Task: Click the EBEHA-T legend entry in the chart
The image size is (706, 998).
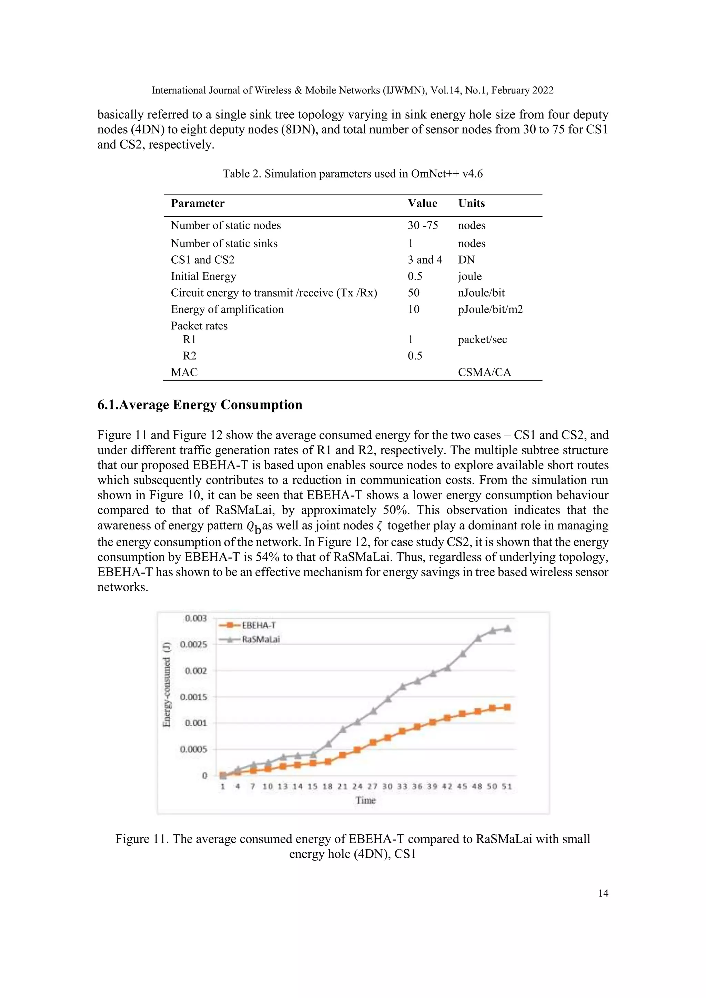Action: pos(258,625)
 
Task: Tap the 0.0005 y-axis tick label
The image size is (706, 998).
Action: pos(194,750)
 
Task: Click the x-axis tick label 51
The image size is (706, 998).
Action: pos(507,786)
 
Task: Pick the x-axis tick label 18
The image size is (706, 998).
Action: pos(327,786)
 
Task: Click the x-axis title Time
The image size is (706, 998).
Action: pos(365,800)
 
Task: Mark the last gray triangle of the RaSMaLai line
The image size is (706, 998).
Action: pos(507,629)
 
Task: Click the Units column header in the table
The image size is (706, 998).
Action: pos(471,203)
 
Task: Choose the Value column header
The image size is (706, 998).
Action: pos(422,203)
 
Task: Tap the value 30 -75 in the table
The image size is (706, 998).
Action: pos(423,225)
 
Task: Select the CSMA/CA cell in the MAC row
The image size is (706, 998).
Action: pos(484,372)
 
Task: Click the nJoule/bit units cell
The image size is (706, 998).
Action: pos(481,293)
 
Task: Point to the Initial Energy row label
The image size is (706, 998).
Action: pos(203,276)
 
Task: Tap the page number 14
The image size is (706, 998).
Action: pos(603,893)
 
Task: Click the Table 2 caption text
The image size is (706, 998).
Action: pos(353,174)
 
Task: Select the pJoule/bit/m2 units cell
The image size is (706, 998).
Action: pos(491,309)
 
